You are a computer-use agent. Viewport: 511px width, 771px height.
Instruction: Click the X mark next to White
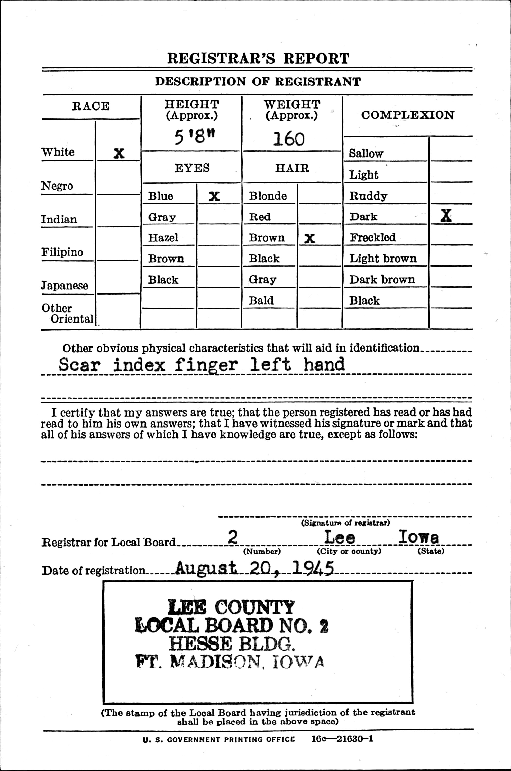point(119,153)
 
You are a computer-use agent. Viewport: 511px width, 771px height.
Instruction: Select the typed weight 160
point(289,139)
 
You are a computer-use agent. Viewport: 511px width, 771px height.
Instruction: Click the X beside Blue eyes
point(214,196)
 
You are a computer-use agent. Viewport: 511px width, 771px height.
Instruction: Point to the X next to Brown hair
point(309,239)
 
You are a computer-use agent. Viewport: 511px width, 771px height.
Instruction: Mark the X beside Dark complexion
point(446,216)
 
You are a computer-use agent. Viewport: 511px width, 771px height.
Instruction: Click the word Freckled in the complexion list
point(372,237)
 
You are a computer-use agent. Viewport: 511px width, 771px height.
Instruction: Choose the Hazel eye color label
point(163,237)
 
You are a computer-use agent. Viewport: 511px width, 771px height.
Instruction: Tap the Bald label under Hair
point(261,300)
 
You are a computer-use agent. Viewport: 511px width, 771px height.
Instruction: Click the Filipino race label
point(62,252)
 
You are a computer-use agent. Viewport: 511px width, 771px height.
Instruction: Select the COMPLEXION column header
point(407,115)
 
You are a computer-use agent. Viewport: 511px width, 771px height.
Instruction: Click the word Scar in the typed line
point(79,365)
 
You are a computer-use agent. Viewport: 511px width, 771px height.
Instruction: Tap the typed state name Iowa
point(418,537)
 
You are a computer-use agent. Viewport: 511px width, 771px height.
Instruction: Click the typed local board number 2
point(232,537)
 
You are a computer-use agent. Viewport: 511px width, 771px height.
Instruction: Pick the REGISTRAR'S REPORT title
point(258,59)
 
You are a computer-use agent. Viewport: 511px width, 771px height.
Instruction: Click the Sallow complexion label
point(366,153)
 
